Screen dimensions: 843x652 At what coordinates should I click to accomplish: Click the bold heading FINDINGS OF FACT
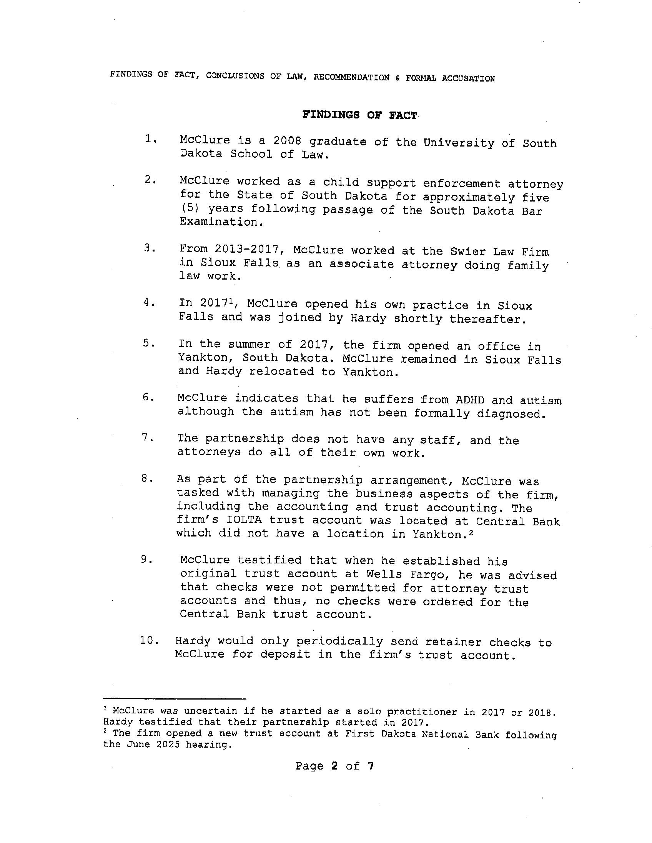tap(359, 115)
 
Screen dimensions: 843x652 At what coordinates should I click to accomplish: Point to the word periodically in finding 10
tap(339, 641)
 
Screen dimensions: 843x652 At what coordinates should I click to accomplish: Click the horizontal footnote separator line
tap(175, 698)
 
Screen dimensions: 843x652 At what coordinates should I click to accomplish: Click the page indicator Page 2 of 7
tap(334, 766)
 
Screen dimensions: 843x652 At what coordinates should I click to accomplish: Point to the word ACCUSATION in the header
tap(468, 78)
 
